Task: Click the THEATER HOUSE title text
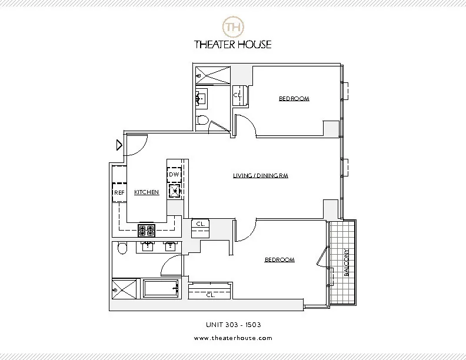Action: [x=233, y=44]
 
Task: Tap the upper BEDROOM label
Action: [x=294, y=98]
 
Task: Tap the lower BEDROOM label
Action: [x=279, y=259]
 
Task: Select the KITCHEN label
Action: [x=147, y=192]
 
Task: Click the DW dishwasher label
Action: [x=174, y=175]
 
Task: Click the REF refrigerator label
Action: [x=119, y=192]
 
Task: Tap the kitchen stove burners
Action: [x=147, y=229]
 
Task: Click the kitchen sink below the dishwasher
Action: [x=174, y=191]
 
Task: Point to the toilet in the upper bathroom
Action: [x=203, y=120]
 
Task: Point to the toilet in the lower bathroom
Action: [x=122, y=249]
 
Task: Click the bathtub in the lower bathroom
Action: [x=161, y=289]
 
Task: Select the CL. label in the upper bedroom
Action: [x=237, y=95]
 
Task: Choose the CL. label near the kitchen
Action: [x=200, y=224]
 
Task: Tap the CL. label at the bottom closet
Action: [x=210, y=295]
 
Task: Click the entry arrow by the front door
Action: [x=119, y=144]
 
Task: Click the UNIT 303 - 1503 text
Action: [x=233, y=324]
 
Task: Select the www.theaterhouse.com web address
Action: [x=233, y=338]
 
